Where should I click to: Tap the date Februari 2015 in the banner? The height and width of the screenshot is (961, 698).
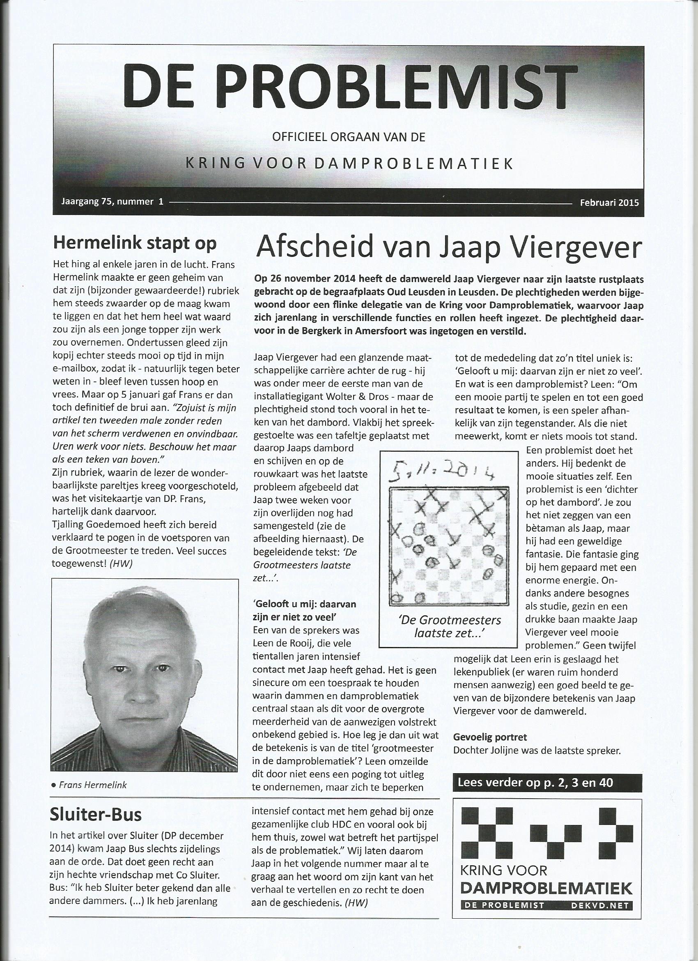609,202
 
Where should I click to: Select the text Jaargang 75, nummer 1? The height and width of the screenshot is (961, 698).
112,202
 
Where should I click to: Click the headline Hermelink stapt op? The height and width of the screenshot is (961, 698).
135,243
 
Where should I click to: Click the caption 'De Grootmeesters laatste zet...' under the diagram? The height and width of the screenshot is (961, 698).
450,627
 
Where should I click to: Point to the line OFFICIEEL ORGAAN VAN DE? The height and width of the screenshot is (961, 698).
349,137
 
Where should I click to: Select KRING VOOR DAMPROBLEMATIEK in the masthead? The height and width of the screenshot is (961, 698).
350,164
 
